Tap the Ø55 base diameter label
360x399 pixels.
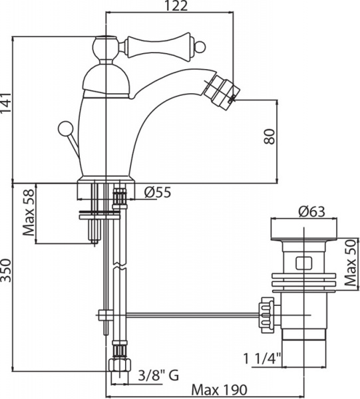tap(158, 192)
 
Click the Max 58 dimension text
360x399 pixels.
tap(29, 213)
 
